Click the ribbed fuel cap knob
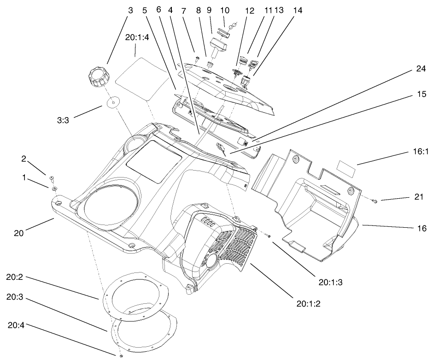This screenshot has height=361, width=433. click(98, 76)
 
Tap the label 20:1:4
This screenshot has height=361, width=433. click(136, 39)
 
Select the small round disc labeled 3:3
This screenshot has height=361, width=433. click(112, 102)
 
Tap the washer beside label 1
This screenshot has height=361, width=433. click(54, 188)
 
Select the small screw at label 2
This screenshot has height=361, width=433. click(51, 178)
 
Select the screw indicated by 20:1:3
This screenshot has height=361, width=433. click(269, 236)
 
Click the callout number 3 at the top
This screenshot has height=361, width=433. click(130, 10)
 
